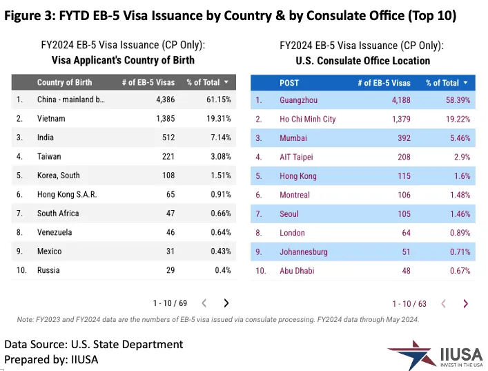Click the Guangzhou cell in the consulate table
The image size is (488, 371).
[299, 100]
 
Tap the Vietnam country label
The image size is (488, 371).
[51, 119]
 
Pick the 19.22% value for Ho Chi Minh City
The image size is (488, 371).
[456, 119]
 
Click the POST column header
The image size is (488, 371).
[289, 83]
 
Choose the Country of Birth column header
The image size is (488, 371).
[64, 82]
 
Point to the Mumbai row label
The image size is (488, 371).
[293, 138]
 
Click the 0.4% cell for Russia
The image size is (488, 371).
[222, 270]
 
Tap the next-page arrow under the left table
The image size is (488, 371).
[226, 303]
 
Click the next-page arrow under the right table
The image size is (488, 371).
[465, 303]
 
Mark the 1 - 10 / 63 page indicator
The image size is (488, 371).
[409, 303]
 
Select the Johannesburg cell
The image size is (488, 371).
[304, 251]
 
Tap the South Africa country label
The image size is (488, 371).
[58, 213]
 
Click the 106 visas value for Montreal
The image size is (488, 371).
[402, 195]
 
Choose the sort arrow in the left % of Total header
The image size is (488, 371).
[226, 82]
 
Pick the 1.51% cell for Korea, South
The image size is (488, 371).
[220, 175]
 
